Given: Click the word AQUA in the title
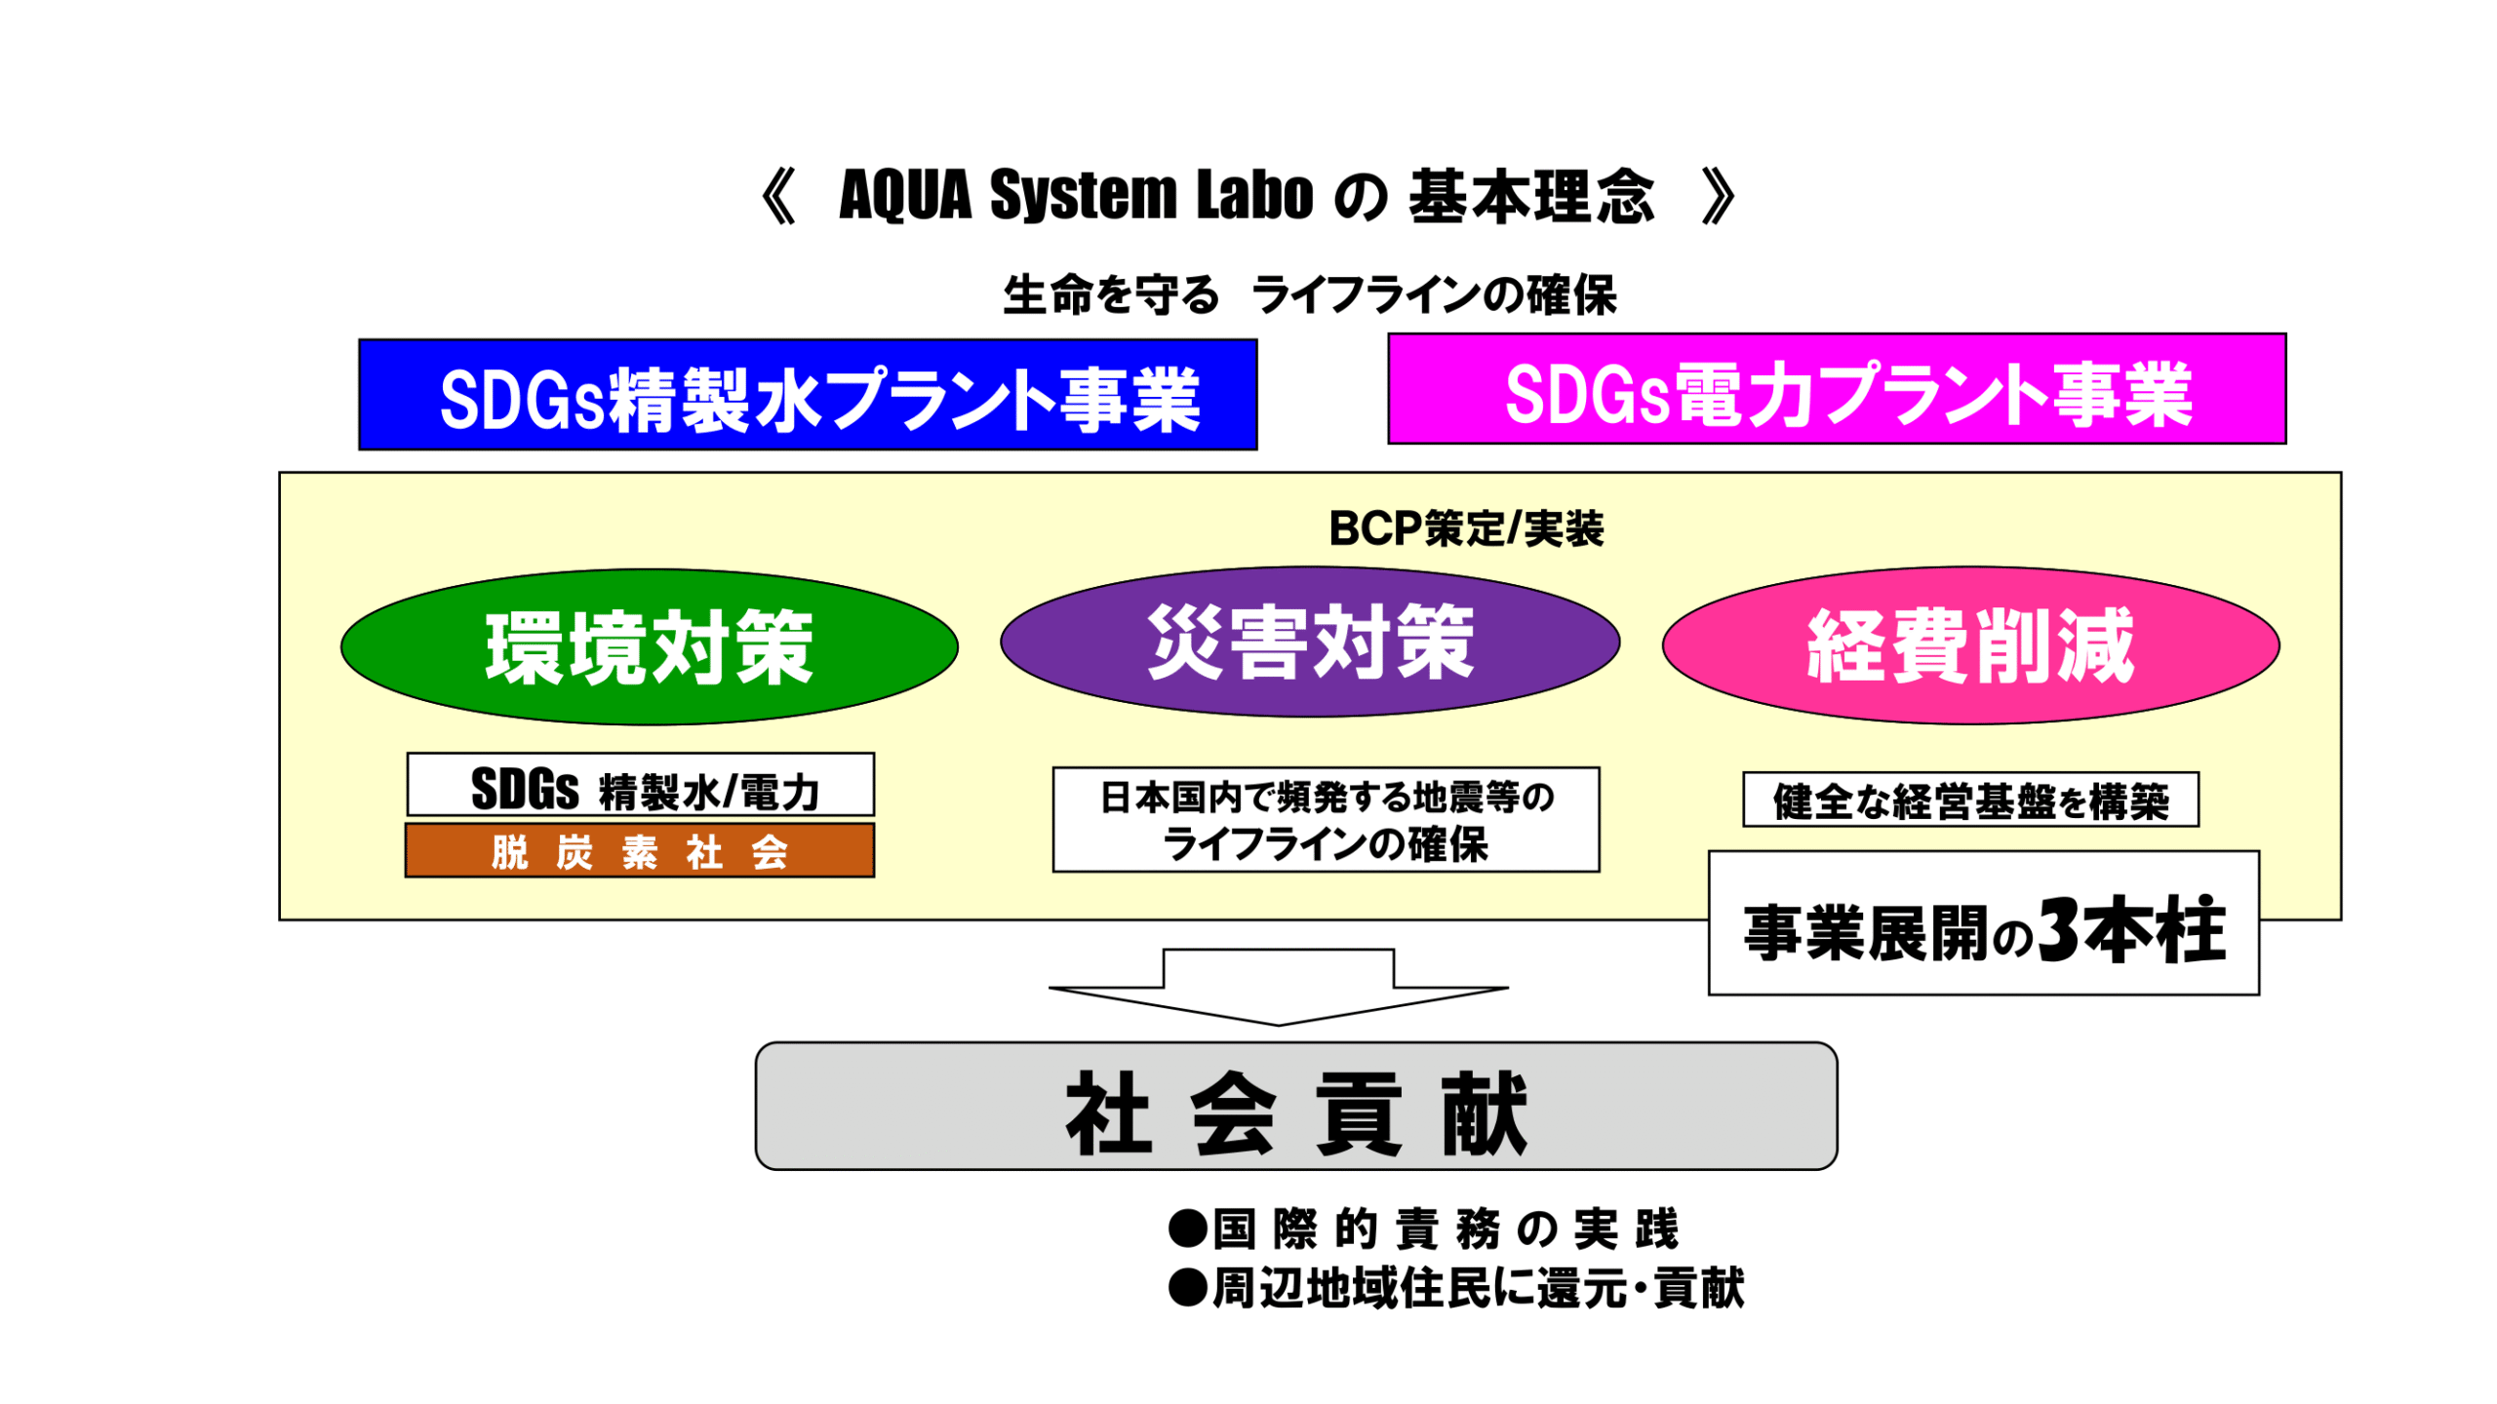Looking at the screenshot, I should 904,195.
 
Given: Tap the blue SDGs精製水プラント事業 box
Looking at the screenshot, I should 807,394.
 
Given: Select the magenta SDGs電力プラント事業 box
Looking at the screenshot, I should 1836,388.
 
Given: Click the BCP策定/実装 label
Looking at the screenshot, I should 1465,529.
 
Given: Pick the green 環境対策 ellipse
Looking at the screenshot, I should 649,646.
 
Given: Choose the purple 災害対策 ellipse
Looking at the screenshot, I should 1309,642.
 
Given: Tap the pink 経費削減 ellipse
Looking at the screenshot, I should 1969,645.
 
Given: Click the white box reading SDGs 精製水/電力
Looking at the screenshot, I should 640,785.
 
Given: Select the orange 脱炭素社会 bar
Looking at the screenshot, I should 640,851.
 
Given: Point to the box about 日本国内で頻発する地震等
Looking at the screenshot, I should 1325,819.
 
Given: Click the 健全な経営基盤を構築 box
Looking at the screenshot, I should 1969,799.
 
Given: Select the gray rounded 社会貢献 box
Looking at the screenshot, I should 1295,1106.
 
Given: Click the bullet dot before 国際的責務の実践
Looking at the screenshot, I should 1187,1228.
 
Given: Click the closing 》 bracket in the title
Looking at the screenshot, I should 1719,196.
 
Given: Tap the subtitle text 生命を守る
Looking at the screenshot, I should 1110,294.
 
